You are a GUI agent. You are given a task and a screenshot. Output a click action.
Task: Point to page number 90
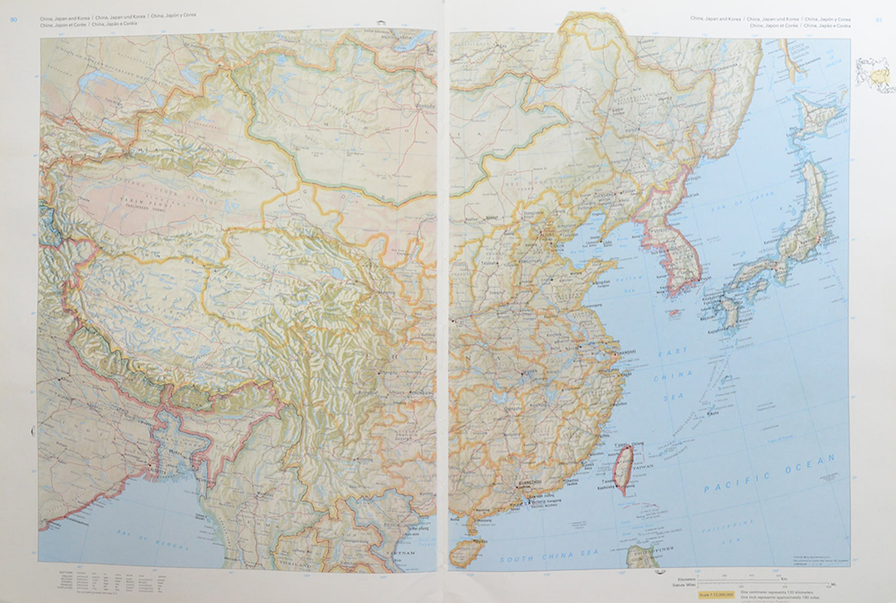[13, 20]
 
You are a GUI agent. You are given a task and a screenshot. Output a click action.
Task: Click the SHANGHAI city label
[626, 352]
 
